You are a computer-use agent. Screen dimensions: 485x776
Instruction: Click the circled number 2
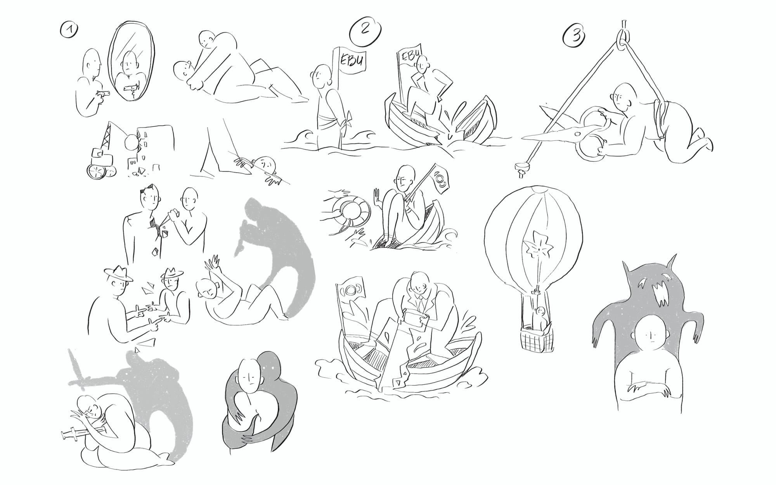(x=365, y=30)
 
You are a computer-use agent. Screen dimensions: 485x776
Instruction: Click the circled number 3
(x=574, y=36)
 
